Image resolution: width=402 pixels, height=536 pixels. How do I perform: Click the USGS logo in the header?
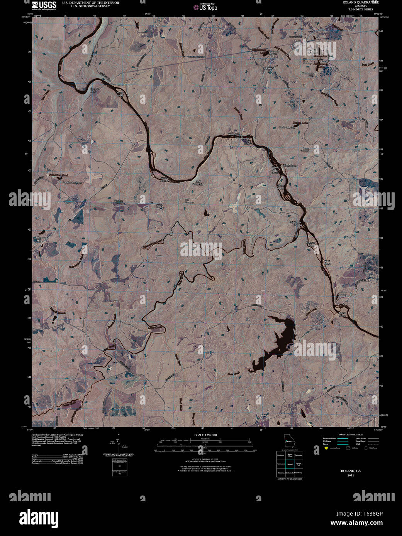click(x=44, y=5)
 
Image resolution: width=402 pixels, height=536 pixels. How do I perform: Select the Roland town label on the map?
click(x=270, y=68)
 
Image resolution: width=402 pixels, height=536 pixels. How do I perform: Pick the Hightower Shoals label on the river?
click(x=295, y=224)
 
